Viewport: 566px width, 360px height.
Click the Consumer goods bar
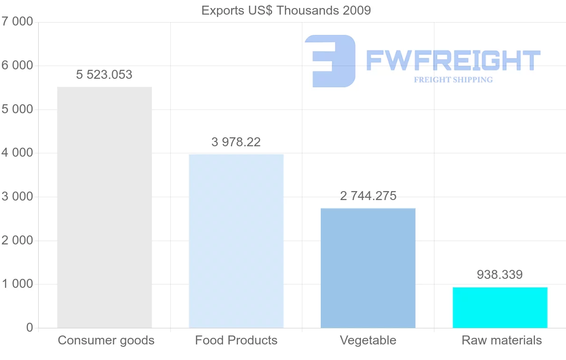104,207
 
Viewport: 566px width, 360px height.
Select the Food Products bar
236,241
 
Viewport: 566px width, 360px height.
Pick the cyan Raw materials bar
500,307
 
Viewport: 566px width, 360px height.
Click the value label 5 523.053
104,75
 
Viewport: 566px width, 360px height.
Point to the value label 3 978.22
236,142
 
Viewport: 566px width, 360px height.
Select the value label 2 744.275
368,196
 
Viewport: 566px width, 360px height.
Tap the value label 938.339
499,275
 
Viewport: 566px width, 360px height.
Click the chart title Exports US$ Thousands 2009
286,10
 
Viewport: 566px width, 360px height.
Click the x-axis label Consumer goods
106,340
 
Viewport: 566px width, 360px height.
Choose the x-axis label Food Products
236,340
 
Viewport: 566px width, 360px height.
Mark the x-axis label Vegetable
368,340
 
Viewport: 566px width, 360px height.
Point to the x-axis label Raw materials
502,340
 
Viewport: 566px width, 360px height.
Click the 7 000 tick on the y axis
17,22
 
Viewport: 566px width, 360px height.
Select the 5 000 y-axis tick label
17,109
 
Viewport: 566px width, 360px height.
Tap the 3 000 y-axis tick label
17,197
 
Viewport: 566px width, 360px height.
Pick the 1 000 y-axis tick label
17,284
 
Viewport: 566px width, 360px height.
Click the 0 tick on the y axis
29,328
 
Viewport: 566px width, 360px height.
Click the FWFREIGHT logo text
453,60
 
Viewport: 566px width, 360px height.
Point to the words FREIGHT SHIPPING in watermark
453,80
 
